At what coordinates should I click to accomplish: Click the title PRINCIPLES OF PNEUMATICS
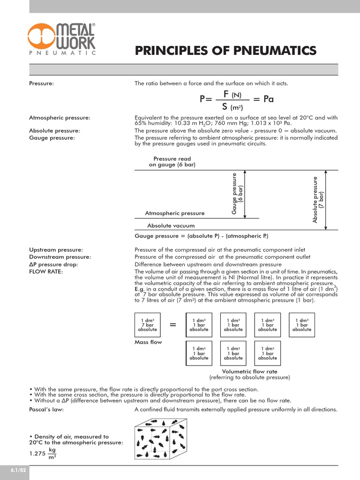[x=225, y=51]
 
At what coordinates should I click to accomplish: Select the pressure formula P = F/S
[x=236, y=99]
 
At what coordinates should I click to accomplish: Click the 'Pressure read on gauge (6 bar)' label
[x=172, y=162]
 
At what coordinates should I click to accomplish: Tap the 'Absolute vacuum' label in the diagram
[x=171, y=225]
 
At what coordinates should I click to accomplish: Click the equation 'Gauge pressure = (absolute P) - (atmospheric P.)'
[x=201, y=236]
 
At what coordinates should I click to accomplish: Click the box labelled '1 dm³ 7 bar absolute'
[x=147, y=324]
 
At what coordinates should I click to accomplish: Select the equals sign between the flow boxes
[x=172, y=325]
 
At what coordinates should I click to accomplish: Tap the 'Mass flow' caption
[x=148, y=342]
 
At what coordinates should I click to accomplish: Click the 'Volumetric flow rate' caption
[x=249, y=371]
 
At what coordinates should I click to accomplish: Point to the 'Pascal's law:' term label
[x=46, y=409]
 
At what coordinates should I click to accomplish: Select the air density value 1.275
[x=37, y=453]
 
